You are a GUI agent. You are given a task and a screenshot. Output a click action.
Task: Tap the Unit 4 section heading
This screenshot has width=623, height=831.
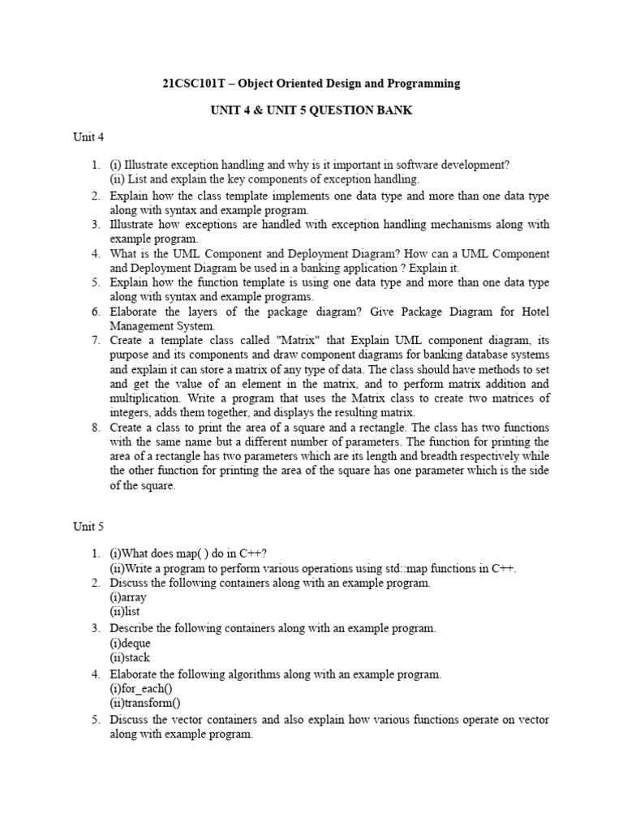tap(88, 137)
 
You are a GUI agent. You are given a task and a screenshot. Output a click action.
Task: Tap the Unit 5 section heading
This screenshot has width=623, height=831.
tap(88, 527)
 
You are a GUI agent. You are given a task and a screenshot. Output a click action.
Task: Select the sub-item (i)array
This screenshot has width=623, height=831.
tap(128, 596)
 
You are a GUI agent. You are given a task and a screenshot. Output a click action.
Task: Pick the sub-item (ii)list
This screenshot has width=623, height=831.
tap(125, 611)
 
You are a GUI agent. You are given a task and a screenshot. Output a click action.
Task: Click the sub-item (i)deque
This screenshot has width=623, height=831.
tap(130, 643)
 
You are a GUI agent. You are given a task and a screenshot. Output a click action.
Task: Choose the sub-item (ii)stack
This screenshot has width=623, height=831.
tap(130, 657)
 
